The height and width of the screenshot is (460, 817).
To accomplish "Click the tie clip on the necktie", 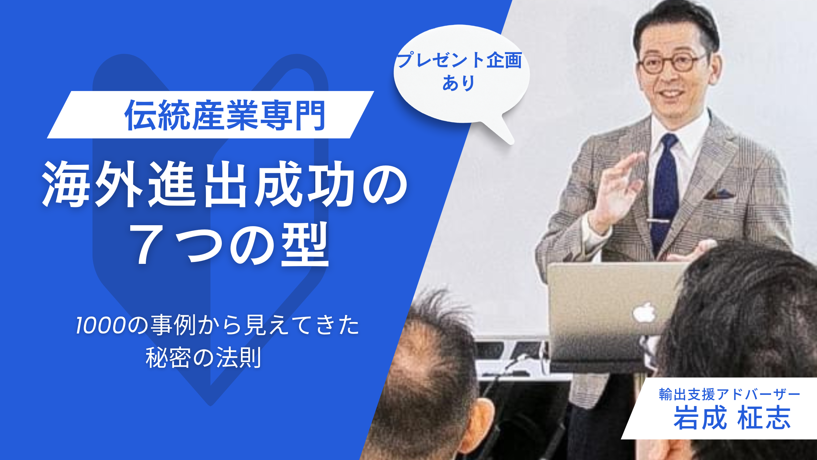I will click(x=658, y=221).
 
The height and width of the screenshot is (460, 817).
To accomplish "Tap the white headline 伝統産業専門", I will click(x=225, y=115).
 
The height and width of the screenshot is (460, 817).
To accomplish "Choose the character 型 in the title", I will click(x=305, y=244).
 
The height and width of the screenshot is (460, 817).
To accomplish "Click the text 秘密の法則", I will click(x=204, y=357).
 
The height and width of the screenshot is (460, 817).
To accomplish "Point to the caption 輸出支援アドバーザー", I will click(x=730, y=395).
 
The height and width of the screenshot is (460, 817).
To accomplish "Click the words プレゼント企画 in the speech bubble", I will click(x=459, y=60).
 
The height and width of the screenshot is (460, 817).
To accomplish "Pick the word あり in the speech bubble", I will click(x=458, y=83).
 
